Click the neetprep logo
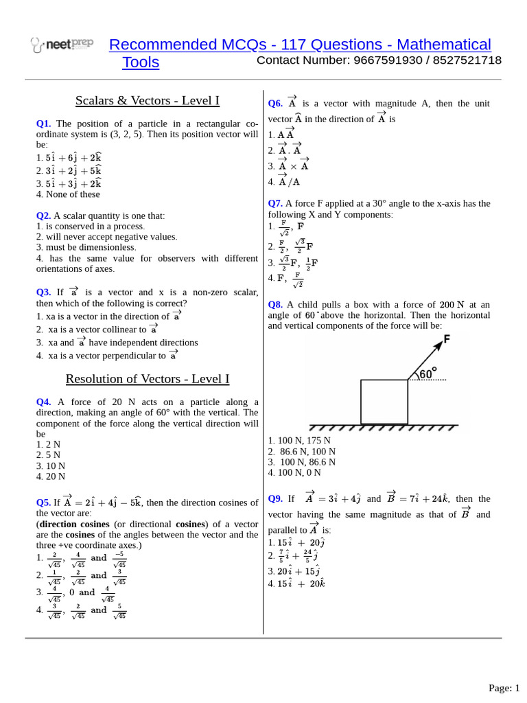coord(62,45)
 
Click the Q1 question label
coord(43,124)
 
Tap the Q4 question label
coord(43,402)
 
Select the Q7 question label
coord(274,203)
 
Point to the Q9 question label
coord(274,499)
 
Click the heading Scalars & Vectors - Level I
coord(148,101)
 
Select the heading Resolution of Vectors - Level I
coord(148,379)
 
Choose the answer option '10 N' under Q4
coord(51,465)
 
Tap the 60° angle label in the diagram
coord(428,373)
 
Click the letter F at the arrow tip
coord(447,339)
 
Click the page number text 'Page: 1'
coord(504,688)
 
